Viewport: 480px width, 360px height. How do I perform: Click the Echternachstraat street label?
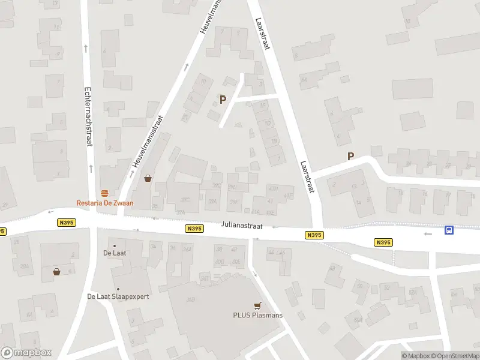[x=88, y=115]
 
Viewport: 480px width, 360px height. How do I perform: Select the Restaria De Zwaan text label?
[x=104, y=203]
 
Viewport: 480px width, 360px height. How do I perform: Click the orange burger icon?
[x=105, y=193]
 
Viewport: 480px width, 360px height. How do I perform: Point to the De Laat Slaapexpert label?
[x=118, y=296]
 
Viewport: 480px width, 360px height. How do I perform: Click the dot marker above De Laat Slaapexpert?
[x=118, y=289]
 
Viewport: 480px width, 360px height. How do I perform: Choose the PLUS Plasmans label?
[x=258, y=315]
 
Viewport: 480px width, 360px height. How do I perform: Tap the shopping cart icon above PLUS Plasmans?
[x=258, y=305]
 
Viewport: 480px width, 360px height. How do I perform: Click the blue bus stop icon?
[x=449, y=230]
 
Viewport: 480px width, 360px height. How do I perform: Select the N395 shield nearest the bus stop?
[x=383, y=242]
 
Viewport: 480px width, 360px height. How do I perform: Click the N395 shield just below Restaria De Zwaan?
[x=66, y=222]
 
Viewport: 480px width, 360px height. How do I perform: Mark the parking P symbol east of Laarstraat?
[x=350, y=157]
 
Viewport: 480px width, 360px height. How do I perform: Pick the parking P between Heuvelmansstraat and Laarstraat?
[x=223, y=100]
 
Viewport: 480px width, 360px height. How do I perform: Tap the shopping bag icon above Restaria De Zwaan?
[x=148, y=178]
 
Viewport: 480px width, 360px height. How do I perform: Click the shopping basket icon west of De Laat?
[x=56, y=271]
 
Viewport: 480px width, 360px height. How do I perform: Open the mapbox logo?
[x=26, y=353]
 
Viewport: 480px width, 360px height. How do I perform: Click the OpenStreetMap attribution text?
[x=455, y=356]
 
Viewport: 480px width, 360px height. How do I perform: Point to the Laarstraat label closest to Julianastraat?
[x=307, y=176]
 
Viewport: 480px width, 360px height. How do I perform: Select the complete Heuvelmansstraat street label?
[x=148, y=140]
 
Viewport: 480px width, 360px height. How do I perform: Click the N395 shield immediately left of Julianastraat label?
[x=194, y=229]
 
